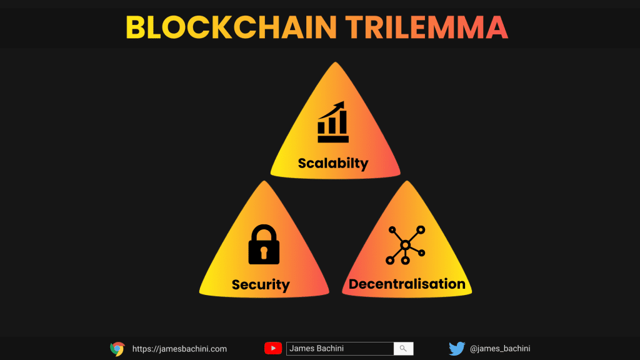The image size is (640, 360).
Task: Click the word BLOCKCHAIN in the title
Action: click(231, 27)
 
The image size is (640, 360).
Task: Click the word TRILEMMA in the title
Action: click(427, 27)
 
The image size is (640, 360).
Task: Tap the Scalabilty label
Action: click(333, 163)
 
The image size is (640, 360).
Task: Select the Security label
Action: click(261, 284)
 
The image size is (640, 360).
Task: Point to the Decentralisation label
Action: click(407, 284)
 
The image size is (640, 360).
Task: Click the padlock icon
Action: click(264, 244)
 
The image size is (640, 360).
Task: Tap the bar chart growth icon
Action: click(333, 122)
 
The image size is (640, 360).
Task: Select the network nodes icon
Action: click(405, 245)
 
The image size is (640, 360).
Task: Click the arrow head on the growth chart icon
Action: click(341, 105)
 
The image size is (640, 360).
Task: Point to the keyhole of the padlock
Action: click(264, 252)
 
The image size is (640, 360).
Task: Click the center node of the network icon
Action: click(405, 245)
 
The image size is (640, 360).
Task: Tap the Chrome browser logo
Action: click(117, 349)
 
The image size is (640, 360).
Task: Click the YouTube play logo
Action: click(273, 348)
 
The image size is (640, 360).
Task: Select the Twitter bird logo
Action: click(457, 349)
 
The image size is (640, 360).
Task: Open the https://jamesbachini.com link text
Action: click(179, 349)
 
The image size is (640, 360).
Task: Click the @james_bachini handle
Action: click(500, 349)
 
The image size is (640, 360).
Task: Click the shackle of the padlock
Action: click(264, 232)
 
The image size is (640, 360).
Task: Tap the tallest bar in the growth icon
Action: click(344, 122)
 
